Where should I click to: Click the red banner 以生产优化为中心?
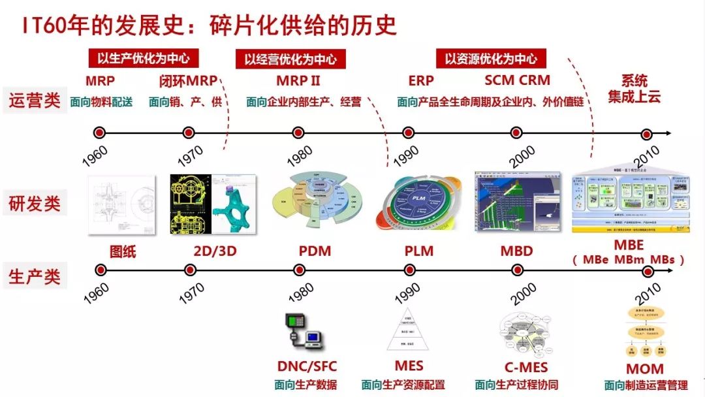[x=144, y=58]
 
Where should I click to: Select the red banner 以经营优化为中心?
[x=290, y=59]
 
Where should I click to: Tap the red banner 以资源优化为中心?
[x=491, y=58]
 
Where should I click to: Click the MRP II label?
[x=298, y=81]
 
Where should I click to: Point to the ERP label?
[x=421, y=81]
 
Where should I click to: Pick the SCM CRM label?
[x=517, y=81]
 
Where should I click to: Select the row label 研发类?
[x=35, y=204]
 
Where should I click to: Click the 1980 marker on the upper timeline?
[x=298, y=133]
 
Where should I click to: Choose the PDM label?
[x=315, y=251]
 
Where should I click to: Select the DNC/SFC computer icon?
[x=305, y=331]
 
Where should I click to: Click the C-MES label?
[x=525, y=367]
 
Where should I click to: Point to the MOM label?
[x=644, y=369]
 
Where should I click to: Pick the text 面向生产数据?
[x=307, y=385]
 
